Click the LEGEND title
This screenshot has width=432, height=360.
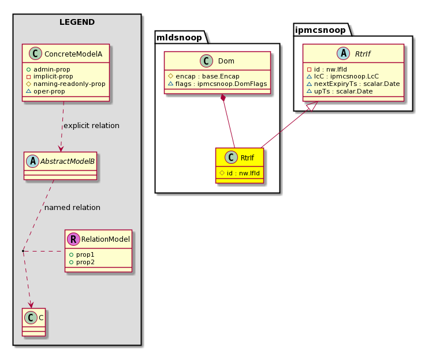[77, 22]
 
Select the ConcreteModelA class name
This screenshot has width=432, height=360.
[73, 54]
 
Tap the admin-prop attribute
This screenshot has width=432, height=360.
[52, 69]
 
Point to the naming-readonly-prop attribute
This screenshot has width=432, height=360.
[69, 84]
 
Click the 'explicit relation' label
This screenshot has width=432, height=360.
[91, 126]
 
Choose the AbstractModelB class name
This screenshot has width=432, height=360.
[68, 162]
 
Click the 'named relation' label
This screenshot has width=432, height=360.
[72, 207]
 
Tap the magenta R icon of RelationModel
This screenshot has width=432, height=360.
[73, 239]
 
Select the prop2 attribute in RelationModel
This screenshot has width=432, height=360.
[85, 262]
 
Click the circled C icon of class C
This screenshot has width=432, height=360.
[31, 318]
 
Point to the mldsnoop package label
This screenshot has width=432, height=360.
[179, 37]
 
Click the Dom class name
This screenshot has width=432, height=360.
[226, 61]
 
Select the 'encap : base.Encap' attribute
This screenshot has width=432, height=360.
[207, 76]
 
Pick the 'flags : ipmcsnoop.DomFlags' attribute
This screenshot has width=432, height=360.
[221, 84]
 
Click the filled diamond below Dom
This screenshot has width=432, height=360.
[223, 98]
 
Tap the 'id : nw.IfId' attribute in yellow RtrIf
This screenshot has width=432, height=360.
[243, 173]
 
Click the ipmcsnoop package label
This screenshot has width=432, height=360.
[320, 30]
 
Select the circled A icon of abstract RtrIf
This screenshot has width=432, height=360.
[343, 54]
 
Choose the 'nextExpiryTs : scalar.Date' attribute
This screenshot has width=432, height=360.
[357, 84]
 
